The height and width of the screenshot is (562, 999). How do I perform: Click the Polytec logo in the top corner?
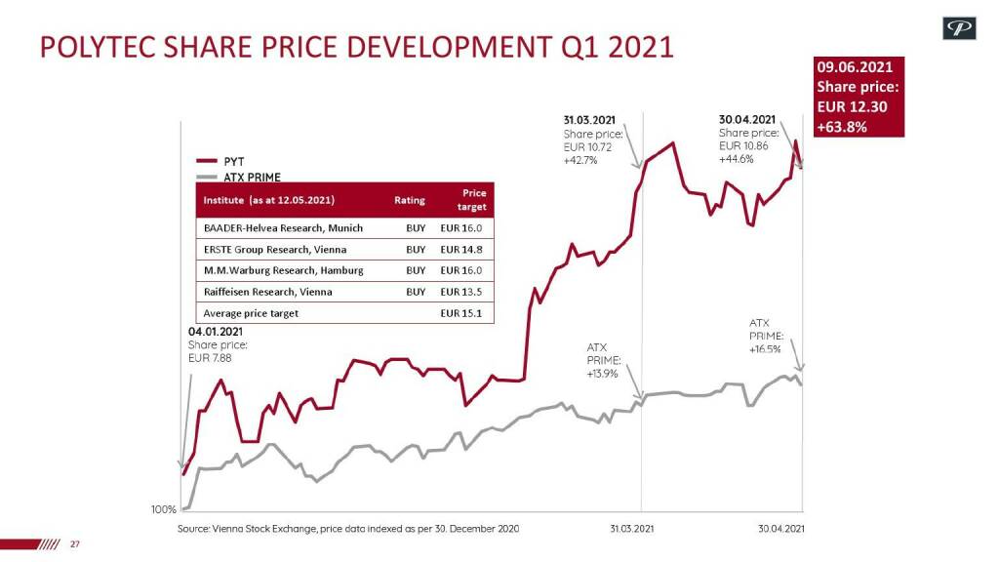[x=958, y=29]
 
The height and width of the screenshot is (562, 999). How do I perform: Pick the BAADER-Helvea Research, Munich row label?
[x=283, y=227]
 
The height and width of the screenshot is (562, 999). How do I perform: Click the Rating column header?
[x=410, y=200]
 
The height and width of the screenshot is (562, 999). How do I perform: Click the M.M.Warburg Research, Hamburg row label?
[x=283, y=270]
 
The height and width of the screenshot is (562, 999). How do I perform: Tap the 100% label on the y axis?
[x=163, y=509]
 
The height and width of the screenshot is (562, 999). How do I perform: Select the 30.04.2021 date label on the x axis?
[x=781, y=529]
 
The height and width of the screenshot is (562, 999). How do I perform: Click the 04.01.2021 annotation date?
[x=216, y=332]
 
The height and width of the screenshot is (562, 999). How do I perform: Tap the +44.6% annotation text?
[x=736, y=159]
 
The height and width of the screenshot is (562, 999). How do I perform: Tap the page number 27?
[x=74, y=543]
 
